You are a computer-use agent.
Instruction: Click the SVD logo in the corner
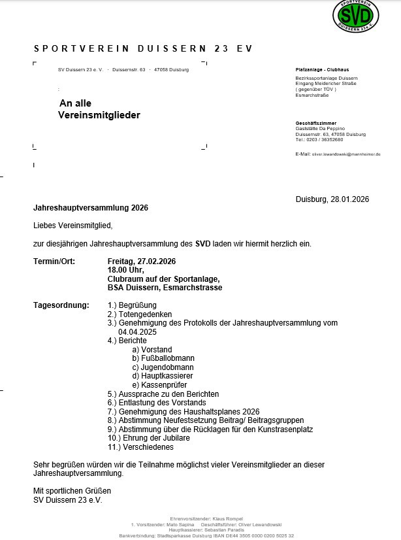tap(356, 14)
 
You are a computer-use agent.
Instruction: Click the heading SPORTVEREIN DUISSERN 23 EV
tap(142, 49)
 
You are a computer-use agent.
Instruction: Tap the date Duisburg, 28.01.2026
tap(332, 199)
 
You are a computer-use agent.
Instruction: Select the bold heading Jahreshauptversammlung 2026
tap(91, 208)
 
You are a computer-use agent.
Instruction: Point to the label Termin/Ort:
tap(54, 262)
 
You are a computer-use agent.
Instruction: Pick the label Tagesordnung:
tap(61, 305)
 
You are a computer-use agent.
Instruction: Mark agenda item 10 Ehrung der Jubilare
tap(149, 438)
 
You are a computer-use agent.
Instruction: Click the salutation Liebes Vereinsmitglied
tap(73, 226)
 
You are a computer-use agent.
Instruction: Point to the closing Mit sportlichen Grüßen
tap(72, 491)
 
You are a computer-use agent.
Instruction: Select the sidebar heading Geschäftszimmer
tap(316, 124)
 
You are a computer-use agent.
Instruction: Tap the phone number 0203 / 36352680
tap(325, 139)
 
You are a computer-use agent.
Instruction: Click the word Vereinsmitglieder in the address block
tap(99, 115)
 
